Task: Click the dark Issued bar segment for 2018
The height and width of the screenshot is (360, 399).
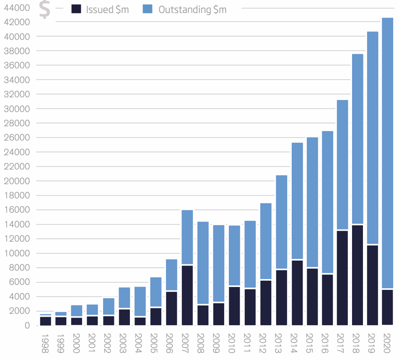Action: click(358, 275)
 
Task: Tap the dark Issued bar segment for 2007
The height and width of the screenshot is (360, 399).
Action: click(187, 295)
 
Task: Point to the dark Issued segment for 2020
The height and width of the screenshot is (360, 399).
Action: click(388, 308)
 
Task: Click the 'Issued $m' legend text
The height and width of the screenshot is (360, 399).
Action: click(107, 10)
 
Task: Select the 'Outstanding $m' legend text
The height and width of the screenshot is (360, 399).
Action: click(192, 10)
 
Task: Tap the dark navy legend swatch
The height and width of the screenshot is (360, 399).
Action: click(76, 9)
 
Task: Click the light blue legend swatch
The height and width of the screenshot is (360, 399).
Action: click(148, 9)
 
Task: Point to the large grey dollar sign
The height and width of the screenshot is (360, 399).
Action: click(45, 10)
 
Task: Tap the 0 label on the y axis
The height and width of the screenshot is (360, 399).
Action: click(27, 326)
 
